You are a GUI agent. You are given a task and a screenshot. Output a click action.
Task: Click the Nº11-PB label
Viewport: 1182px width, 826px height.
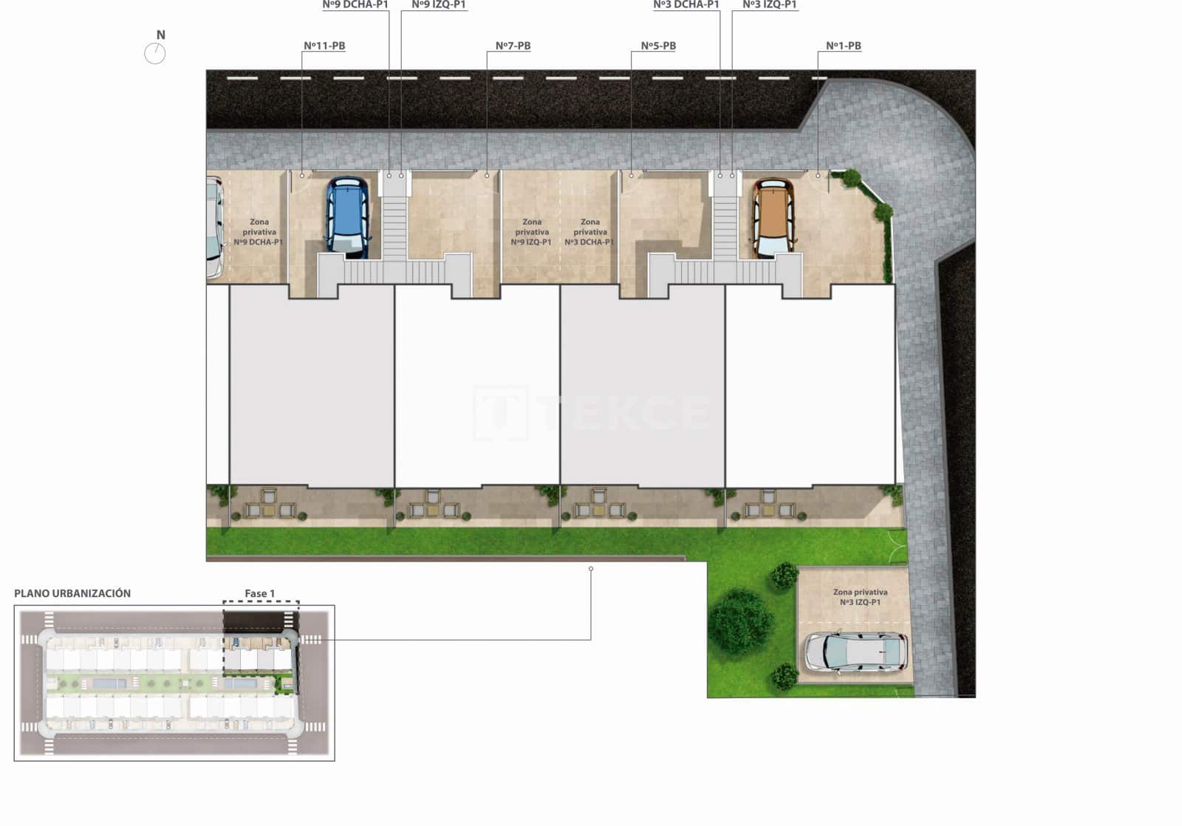tap(324, 46)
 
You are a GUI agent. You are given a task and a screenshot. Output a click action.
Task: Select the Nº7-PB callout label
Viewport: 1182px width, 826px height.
tap(513, 46)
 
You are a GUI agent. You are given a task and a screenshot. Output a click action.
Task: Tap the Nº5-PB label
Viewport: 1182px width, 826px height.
tap(658, 46)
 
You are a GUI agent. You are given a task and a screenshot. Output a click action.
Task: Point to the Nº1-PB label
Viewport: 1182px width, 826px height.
tap(843, 46)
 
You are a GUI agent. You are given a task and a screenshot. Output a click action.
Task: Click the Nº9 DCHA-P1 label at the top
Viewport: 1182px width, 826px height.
tap(355, 5)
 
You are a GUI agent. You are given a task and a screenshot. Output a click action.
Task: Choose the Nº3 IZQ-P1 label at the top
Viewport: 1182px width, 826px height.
tap(769, 5)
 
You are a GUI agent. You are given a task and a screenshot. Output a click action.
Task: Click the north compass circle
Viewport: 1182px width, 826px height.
tap(154, 53)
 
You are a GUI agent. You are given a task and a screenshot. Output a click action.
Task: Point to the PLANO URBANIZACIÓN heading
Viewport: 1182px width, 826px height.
tap(72, 593)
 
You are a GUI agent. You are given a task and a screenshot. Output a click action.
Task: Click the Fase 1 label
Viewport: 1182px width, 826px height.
tap(259, 593)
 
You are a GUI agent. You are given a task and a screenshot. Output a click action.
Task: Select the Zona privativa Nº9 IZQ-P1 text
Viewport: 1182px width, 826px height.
tap(532, 232)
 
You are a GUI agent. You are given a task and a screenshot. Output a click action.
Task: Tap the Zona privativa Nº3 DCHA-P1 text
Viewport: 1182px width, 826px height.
tap(590, 232)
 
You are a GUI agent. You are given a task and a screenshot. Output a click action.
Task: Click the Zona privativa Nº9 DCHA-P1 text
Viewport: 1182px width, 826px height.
tap(259, 232)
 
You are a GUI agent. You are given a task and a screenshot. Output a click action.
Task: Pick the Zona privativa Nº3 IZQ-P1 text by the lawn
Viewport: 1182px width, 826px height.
tap(860, 597)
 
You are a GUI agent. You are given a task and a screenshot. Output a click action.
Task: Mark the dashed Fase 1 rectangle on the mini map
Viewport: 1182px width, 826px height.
tap(261, 639)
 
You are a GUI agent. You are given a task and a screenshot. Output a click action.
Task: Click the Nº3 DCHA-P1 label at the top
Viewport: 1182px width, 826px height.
tap(686, 5)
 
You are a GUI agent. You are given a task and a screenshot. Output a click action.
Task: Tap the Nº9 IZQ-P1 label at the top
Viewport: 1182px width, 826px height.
tap(438, 5)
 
